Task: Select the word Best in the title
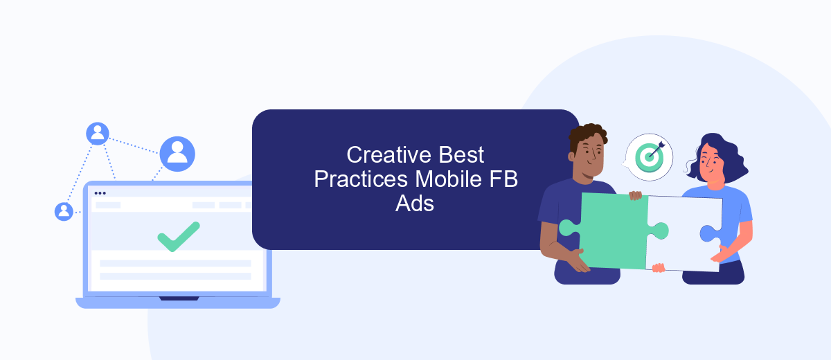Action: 461,154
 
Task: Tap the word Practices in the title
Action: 361,179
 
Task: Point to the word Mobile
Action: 449,179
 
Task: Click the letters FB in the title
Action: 503,179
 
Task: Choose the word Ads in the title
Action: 415,204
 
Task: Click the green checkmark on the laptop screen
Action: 179,237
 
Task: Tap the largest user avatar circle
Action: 177,154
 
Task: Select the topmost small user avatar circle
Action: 98,134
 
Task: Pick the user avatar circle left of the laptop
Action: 64,212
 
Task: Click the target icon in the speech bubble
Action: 650,157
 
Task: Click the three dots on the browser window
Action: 100,193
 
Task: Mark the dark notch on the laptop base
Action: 179,298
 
